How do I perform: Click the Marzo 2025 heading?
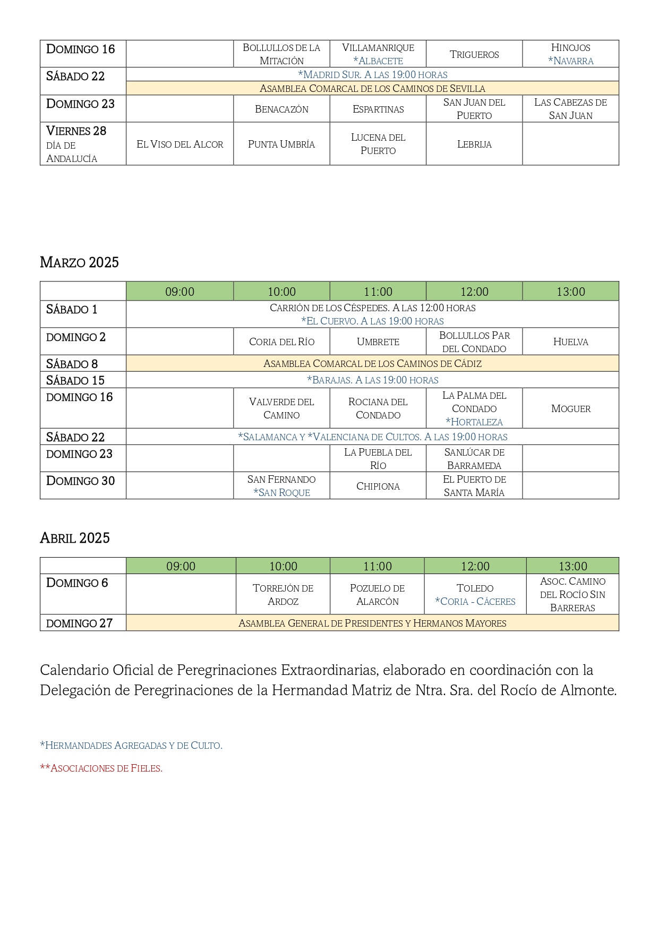tap(79, 262)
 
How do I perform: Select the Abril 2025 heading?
tap(75, 538)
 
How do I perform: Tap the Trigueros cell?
tap(474, 54)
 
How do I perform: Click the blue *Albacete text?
tap(378, 61)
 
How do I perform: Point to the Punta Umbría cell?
tap(281, 144)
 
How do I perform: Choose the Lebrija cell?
tap(474, 144)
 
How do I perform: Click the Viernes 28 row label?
tap(76, 131)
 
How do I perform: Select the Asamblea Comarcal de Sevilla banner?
tap(372, 89)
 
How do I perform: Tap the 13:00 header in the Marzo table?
tap(570, 292)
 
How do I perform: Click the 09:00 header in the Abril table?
tap(181, 566)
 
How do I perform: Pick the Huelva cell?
tap(570, 342)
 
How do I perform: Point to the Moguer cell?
tap(570, 408)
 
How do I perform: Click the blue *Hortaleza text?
tap(474, 422)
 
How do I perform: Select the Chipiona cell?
tap(378, 486)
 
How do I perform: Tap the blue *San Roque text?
tap(281, 493)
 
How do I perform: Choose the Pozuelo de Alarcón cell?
tap(377, 595)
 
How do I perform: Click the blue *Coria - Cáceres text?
tap(475, 602)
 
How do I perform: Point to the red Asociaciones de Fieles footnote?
tap(101, 768)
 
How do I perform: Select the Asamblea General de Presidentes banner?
tap(372, 623)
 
